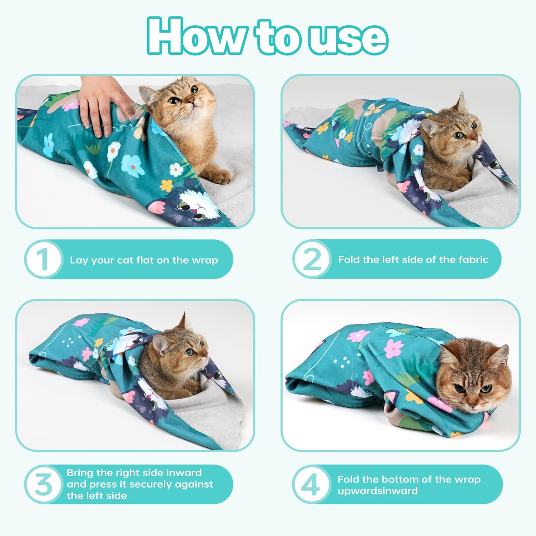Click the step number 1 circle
coord(43,259)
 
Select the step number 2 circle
coord(311,259)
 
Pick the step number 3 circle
coord(43,484)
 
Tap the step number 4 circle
coord(311,484)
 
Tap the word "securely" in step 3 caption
coord(149,484)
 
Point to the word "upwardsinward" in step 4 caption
coord(378,491)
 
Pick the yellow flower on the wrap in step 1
coord(166,185)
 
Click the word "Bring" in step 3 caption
coord(79,473)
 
